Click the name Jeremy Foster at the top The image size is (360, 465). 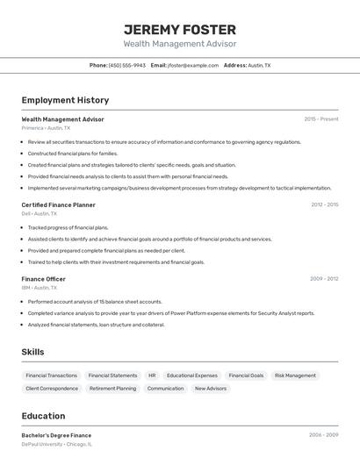tap(179, 29)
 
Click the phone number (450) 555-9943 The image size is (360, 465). tap(126, 65)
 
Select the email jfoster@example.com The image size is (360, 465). tap(192, 65)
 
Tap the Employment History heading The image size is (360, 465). tap(65, 100)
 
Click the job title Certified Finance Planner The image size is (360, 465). tap(58, 204)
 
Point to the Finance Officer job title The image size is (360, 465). tap(43, 279)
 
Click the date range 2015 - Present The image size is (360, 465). tap(320, 118)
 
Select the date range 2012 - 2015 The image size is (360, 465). tap(324, 204)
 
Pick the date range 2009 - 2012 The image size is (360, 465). tap(324, 279)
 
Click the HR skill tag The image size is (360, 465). tap(152, 376)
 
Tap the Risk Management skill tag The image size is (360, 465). tap(295, 376)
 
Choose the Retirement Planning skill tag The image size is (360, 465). tap(112, 388)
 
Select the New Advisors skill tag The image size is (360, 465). tap(210, 388)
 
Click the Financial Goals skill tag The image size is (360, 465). tap(245, 376)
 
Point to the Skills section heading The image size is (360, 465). tap(33, 352)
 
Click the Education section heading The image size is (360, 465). tap(43, 416)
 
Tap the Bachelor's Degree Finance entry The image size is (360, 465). tap(56, 434)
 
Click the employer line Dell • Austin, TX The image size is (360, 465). tap(39, 213)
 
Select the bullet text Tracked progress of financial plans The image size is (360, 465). tap(68, 227)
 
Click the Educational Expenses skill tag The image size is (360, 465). tap(192, 376)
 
